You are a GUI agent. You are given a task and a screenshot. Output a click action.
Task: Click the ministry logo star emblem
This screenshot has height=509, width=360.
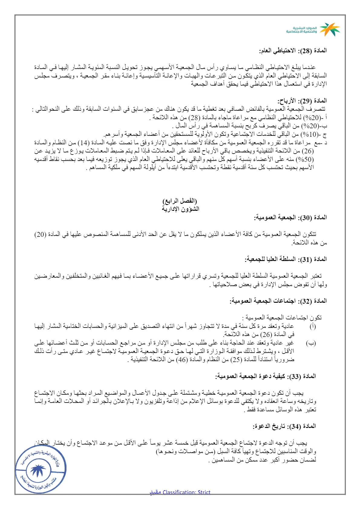[330, 29]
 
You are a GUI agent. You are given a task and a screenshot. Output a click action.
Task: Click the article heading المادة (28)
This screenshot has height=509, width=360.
[293, 51]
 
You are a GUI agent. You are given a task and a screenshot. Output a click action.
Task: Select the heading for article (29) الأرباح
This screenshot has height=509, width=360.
[302, 101]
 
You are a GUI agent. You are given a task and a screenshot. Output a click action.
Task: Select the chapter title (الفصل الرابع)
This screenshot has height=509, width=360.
[180, 201]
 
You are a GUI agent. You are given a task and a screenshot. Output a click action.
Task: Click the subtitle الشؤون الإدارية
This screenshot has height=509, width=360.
[180, 209]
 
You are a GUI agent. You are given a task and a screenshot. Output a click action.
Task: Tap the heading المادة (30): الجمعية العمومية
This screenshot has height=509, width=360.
[290, 217]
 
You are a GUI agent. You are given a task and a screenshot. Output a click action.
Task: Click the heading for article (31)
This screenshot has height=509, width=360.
[286, 259]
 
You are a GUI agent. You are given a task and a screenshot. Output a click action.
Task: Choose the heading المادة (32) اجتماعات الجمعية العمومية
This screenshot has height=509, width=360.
[278, 301]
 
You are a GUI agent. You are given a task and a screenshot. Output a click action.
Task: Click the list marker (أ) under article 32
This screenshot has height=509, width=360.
[313, 326]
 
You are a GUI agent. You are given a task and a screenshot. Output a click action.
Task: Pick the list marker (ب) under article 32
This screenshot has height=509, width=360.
[311, 343]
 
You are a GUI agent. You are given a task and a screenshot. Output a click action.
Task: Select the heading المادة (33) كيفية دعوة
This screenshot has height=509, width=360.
[265, 376]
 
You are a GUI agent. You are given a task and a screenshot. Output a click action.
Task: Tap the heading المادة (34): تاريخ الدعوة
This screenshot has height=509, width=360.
[284, 426]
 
